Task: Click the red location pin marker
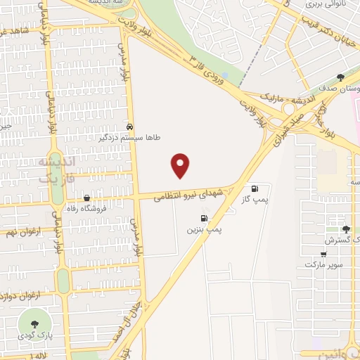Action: pyautogui.click(x=181, y=165)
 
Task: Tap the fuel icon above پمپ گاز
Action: pyautogui.click(x=255, y=188)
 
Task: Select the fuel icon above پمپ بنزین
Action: pyautogui.click(x=204, y=218)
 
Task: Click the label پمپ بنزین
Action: pyautogui.click(x=204, y=230)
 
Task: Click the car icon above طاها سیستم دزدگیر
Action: pyautogui.click(x=130, y=127)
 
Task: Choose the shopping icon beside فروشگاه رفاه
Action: pyautogui.click(x=86, y=198)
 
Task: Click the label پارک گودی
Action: pyautogui.click(x=34, y=336)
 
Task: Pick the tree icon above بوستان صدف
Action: pyautogui.click(x=340, y=78)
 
